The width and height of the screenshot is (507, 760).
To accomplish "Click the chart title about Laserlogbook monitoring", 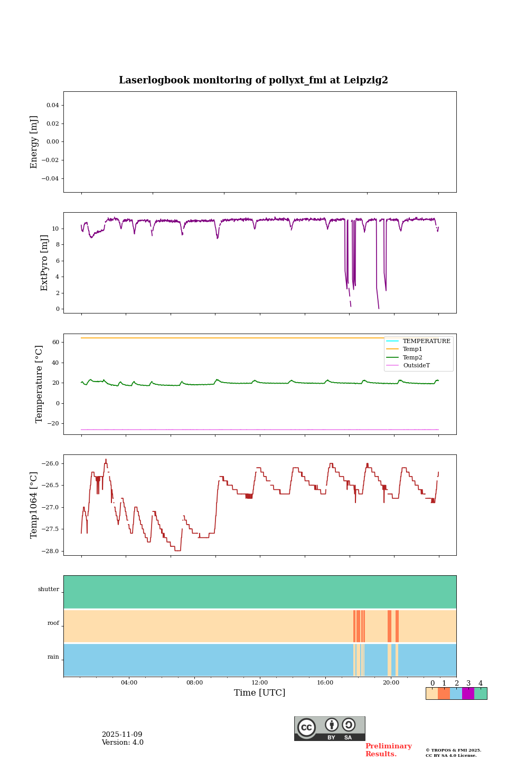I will (x=253, y=80).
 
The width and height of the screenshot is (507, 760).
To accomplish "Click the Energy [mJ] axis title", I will (x=34, y=142).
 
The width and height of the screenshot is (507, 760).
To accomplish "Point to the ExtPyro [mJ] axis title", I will (x=44, y=263).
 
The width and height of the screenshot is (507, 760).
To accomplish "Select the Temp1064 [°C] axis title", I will (x=34, y=505).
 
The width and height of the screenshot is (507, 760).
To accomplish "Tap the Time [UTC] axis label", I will (x=260, y=692).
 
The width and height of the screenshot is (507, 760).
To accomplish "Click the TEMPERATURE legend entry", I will (x=426, y=341).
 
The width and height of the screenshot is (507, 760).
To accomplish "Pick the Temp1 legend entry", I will (x=412, y=349).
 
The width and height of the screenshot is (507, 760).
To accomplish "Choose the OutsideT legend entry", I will (x=416, y=365).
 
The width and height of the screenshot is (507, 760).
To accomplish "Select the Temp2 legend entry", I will (x=412, y=357).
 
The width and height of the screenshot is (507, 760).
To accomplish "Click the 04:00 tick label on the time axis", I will (x=129, y=682).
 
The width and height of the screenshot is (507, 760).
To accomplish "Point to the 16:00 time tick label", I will (x=325, y=682).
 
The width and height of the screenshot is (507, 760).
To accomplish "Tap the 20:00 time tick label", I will (x=391, y=682).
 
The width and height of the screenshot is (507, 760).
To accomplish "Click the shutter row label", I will (x=49, y=589).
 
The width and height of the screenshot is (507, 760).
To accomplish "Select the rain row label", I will (x=53, y=657).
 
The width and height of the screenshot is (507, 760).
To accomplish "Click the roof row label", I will (x=53, y=623).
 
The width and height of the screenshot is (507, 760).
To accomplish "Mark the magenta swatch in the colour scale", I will (x=468, y=693).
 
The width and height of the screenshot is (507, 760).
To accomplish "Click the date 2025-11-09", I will (x=122, y=735).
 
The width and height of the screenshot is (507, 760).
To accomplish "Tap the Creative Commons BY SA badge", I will (x=330, y=728).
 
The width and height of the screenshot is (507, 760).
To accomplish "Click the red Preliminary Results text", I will (x=388, y=750).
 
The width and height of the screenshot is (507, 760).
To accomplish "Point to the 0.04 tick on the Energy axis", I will (x=52, y=105).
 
